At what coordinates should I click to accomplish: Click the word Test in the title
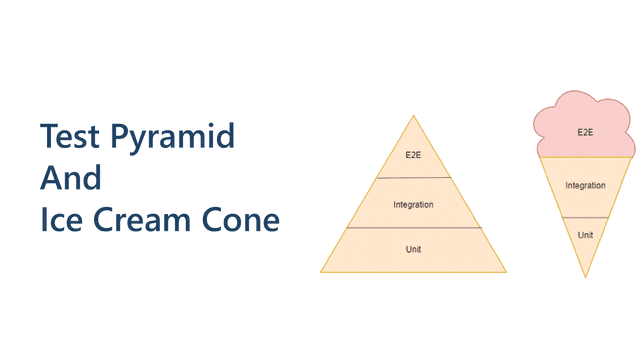pos(70,136)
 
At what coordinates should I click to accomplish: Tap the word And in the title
pos(71,178)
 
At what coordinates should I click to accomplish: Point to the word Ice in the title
pos(61,219)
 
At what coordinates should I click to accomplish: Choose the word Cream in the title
pos(142,219)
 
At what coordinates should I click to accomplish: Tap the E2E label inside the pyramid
pos(413,155)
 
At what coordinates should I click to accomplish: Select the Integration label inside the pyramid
pos(413,204)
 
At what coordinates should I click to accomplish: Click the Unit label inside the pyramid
pos(413,249)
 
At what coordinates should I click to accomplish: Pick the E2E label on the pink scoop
pos(585,132)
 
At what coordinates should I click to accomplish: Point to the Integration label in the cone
pos(585,185)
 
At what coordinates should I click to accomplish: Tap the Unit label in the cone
pos(585,235)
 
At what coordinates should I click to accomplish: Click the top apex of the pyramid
pos(413,116)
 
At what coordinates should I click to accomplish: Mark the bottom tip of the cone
pos(585,278)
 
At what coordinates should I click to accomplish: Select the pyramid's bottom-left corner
pos(321,272)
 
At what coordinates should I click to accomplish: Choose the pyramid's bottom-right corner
pos(506,272)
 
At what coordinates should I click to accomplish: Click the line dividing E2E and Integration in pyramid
pos(413,178)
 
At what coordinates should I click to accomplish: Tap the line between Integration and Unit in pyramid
pos(414,227)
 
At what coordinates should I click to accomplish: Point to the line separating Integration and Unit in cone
pos(585,218)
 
